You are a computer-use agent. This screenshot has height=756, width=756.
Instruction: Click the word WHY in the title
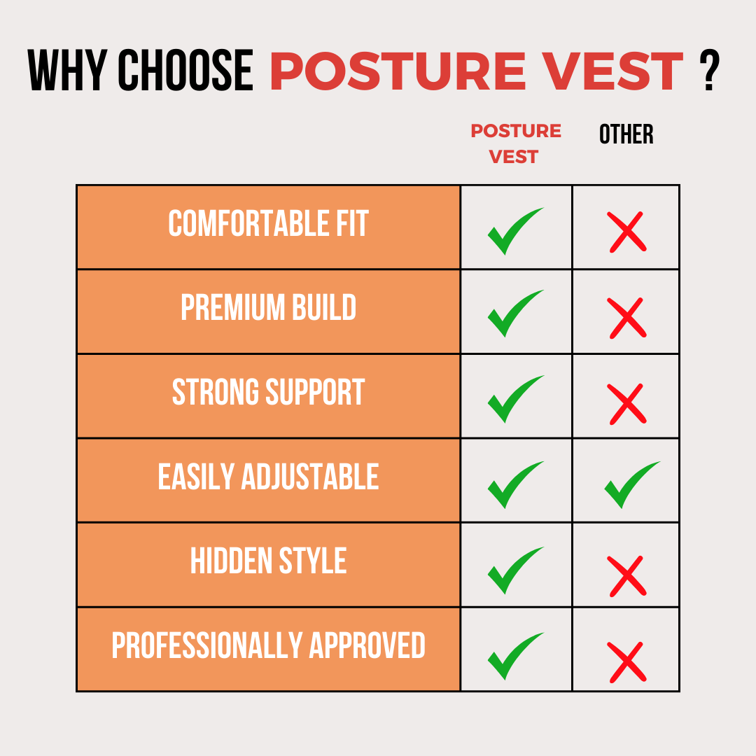pos(67,70)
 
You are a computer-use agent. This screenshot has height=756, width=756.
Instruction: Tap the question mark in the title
pos(709,70)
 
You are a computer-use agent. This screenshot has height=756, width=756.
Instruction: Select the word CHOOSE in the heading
pos(185,70)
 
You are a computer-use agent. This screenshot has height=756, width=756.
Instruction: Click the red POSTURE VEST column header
pos(515,143)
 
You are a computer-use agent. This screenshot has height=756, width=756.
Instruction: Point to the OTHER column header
pos(626,134)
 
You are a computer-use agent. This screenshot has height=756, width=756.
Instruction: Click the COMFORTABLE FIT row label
pos(269,223)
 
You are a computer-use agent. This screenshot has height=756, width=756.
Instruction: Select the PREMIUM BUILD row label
pos(269,307)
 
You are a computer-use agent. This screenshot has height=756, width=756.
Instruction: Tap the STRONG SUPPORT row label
pos(269,391)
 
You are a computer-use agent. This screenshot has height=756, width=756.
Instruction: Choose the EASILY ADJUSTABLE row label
pos(269,477)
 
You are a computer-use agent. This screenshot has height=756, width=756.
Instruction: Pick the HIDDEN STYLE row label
pos(269,560)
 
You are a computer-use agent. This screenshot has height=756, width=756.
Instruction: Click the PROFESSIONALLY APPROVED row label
pos(269,645)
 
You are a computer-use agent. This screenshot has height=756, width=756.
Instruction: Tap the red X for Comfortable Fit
pos(626,232)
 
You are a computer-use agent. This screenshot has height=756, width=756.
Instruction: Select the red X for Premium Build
pos(626,318)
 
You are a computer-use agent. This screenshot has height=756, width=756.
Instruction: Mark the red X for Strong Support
pos(626,404)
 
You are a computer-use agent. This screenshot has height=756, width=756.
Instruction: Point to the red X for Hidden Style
pos(626,576)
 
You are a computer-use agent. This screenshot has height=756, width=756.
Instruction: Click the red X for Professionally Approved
pos(626,662)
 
